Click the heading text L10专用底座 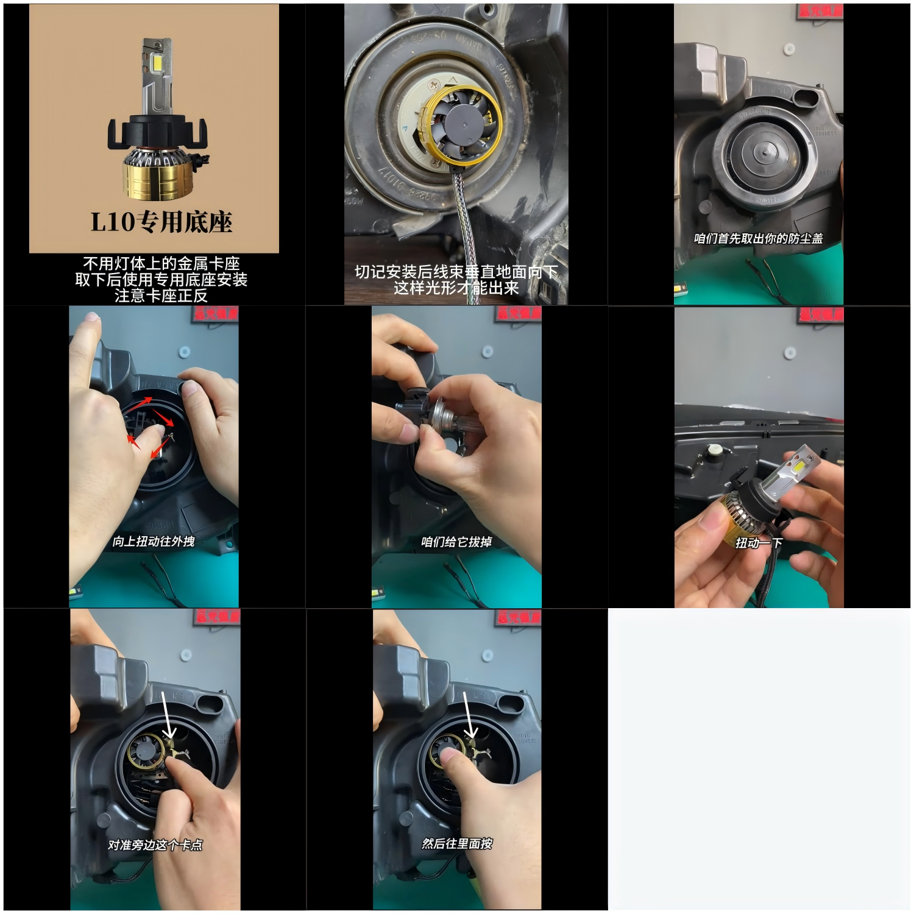161,222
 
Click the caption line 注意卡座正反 161,296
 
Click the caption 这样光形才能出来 456,288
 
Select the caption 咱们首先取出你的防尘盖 758,238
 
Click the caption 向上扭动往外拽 154,541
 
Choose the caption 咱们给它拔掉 456,542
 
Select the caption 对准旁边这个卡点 155,845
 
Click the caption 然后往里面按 457,843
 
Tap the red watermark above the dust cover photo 820,11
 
